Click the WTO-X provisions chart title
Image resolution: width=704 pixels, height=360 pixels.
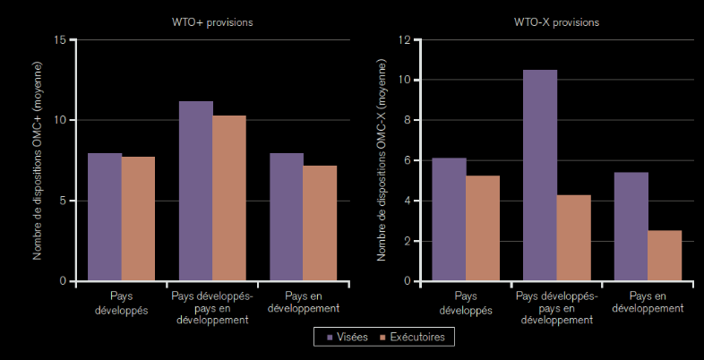point(555,21)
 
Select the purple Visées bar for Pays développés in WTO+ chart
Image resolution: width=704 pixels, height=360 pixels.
point(104,217)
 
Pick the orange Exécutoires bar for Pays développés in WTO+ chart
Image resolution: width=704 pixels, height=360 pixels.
point(138,219)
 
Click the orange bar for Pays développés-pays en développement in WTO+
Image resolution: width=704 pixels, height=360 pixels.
point(229,198)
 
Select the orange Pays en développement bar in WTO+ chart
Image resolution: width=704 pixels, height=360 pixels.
point(320,223)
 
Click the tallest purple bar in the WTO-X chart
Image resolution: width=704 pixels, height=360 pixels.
point(540,176)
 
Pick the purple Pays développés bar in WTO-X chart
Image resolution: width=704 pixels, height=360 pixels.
point(449,219)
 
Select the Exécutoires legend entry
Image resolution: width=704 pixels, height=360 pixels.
point(412,337)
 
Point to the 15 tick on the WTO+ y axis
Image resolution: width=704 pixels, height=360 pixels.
point(60,39)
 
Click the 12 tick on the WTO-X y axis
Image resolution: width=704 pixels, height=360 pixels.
point(404,39)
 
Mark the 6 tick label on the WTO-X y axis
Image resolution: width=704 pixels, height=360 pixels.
point(407,160)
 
